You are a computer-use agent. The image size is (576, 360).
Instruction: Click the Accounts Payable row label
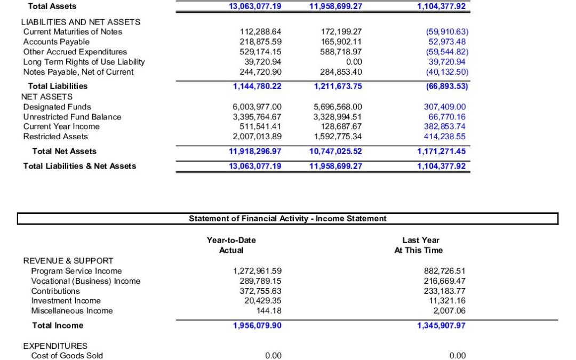click(x=52, y=42)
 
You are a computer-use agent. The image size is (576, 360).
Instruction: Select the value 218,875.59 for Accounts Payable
click(x=261, y=42)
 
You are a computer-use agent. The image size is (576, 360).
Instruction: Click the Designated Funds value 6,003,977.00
click(x=257, y=107)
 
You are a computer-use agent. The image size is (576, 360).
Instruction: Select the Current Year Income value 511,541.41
click(x=261, y=126)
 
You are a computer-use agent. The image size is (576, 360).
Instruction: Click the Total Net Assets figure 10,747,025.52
click(x=335, y=151)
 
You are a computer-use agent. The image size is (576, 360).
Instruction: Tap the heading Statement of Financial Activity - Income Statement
click(x=287, y=219)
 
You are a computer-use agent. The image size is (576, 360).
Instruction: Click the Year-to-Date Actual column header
click(x=231, y=245)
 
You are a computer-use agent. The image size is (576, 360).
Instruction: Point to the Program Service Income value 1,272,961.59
click(x=257, y=271)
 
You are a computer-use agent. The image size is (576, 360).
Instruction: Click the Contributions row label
click(x=55, y=291)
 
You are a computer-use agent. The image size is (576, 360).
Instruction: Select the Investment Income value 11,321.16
click(x=446, y=301)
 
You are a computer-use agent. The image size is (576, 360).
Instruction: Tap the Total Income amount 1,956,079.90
click(x=257, y=325)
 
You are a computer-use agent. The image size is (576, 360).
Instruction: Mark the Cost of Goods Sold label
click(x=67, y=356)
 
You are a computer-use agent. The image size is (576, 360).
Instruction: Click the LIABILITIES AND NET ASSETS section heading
click(x=81, y=22)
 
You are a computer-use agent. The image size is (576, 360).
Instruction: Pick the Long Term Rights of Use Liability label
click(x=84, y=62)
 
